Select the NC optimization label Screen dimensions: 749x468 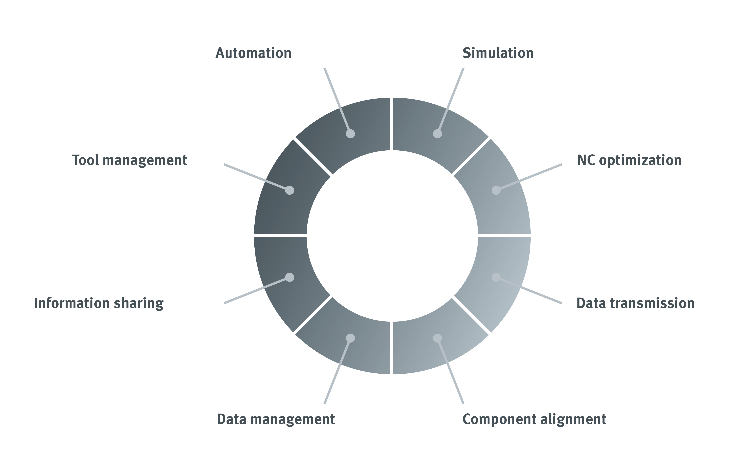click(629, 160)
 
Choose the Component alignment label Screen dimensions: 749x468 click(534, 419)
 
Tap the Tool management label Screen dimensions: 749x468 click(129, 160)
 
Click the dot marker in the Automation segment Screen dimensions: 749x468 click(350, 134)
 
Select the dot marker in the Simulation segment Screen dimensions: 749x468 click(437, 134)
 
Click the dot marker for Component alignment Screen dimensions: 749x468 click(437, 338)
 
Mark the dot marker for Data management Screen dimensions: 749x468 click(350, 338)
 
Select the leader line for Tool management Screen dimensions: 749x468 click(257, 177)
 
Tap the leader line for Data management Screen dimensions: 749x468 click(337, 371)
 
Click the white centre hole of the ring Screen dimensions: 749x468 click(392, 236)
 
